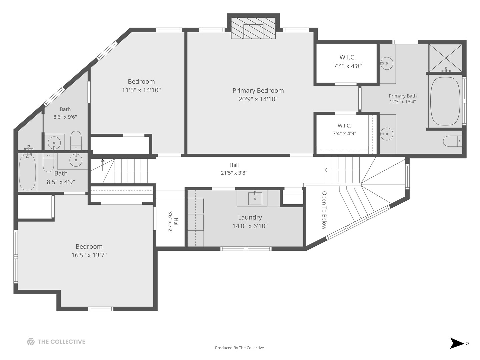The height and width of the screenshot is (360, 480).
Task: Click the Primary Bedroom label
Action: click(258, 90)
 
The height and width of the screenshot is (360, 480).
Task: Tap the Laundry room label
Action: click(250, 217)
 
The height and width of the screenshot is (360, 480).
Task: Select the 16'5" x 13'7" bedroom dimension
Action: click(89, 255)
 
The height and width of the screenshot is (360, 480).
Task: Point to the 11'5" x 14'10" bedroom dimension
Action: click(141, 90)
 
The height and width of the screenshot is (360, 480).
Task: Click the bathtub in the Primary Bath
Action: click(445, 101)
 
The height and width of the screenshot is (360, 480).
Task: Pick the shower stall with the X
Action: click(445, 58)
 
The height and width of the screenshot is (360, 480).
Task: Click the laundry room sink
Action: click(255, 198)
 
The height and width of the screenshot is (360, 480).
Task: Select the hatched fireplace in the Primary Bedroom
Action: click(253, 28)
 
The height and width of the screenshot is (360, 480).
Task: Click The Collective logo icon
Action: click(31, 342)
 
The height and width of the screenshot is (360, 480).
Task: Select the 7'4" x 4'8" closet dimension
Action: click(347, 66)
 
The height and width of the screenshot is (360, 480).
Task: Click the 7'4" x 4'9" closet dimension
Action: click(344, 133)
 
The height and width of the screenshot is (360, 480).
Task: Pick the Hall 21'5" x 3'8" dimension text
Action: click(234, 173)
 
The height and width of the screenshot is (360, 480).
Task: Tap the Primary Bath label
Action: click(403, 96)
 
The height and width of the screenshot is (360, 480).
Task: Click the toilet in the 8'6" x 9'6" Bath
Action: click(76, 140)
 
